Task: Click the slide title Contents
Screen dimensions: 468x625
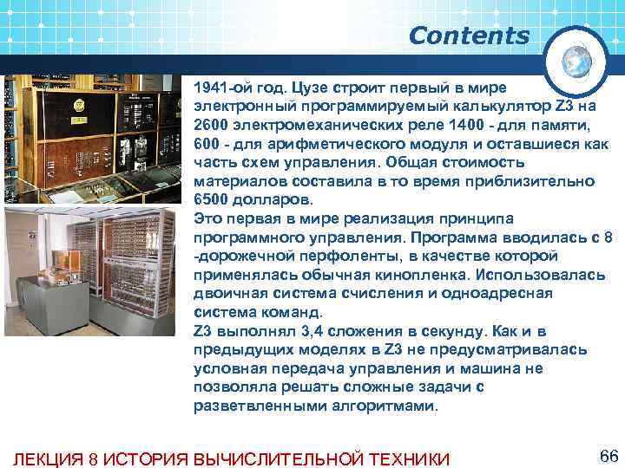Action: pyautogui.click(x=469, y=36)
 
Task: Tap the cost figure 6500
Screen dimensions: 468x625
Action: pyautogui.click(x=212, y=200)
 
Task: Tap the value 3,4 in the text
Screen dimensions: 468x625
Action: pyautogui.click(x=305, y=331)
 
